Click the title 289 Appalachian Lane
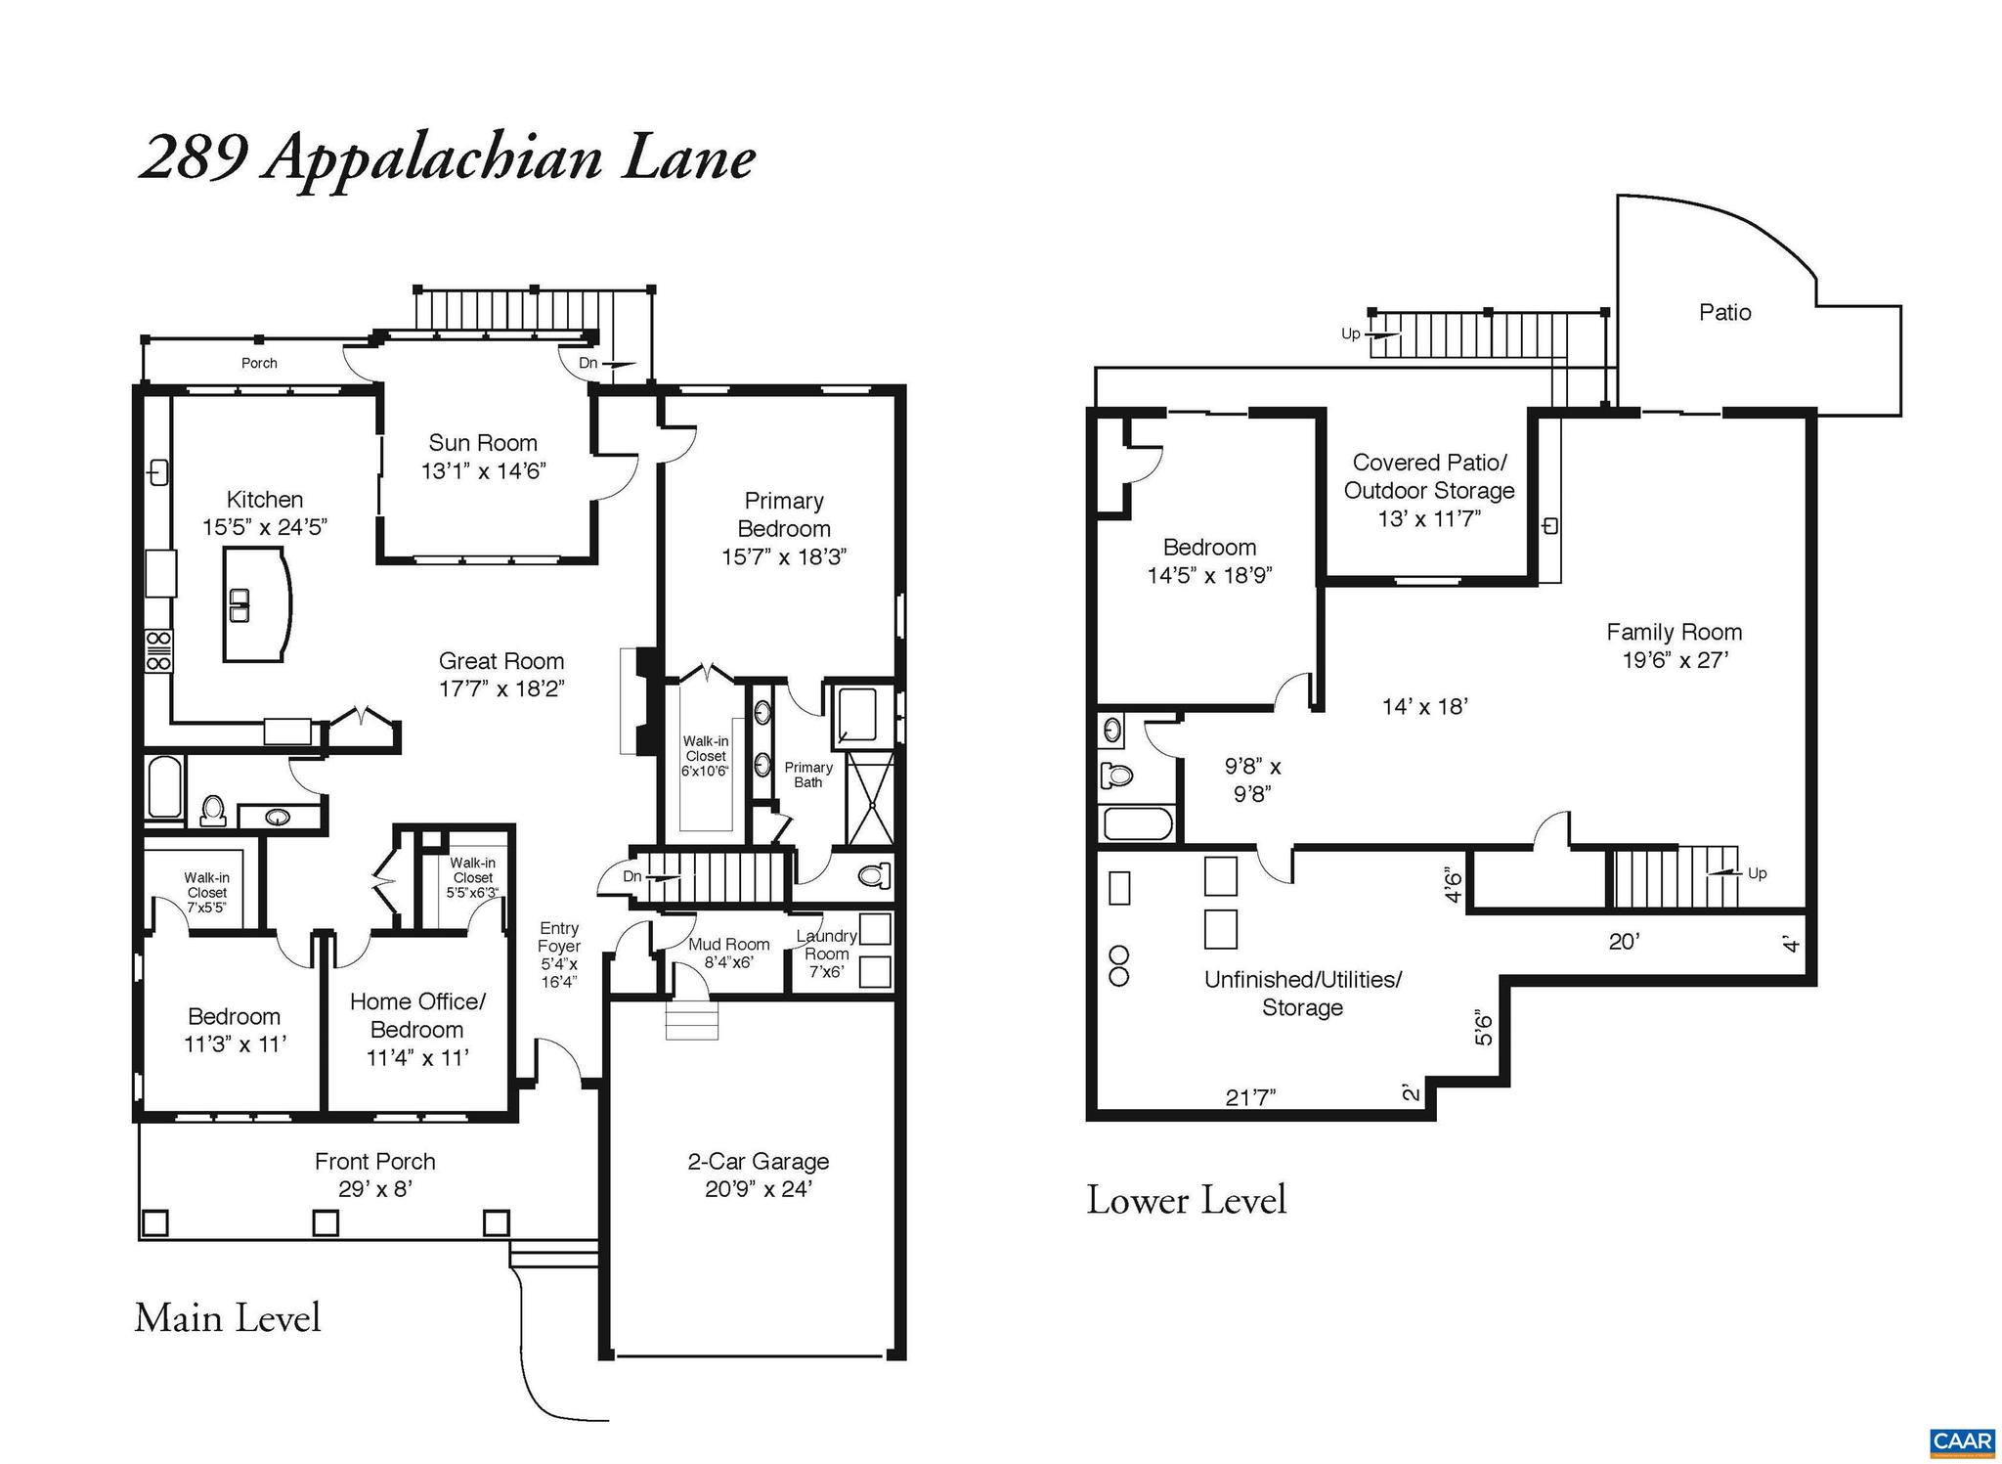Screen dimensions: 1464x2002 447,158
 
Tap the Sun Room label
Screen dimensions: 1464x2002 483,443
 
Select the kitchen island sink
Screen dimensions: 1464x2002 239,605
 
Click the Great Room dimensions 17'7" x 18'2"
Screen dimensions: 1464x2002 501,688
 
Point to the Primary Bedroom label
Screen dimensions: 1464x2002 784,514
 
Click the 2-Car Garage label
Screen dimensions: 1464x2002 758,1162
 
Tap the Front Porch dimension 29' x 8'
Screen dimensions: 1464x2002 375,1189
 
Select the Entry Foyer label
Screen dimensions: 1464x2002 559,937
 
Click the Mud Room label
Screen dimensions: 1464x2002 728,945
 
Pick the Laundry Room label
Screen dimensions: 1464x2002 827,945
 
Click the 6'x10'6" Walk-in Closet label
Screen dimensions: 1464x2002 706,756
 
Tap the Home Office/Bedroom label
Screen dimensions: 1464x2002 417,1015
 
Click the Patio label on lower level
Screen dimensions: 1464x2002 1724,313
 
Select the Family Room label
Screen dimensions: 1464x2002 1674,632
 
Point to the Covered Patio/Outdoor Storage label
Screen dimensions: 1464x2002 1429,476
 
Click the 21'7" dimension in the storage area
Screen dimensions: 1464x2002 1250,1098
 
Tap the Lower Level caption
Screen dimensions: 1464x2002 1186,1201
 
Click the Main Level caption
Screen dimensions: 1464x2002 228,1318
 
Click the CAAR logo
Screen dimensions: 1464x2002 1961,1442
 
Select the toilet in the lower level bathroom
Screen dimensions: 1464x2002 1116,776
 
